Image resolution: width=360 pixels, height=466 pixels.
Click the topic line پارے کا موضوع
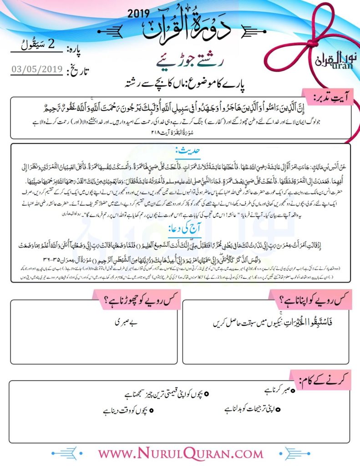point(180,84)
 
